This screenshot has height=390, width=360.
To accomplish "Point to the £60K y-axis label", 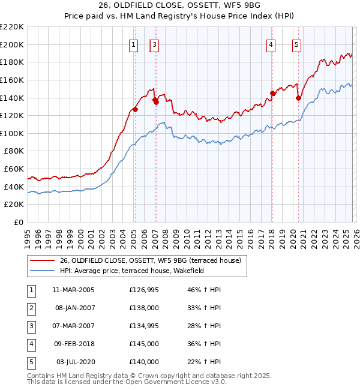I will click(x=14, y=169).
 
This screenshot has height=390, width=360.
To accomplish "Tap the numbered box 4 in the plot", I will click(x=271, y=44).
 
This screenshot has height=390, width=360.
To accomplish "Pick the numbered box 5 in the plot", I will click(x=297, y=44).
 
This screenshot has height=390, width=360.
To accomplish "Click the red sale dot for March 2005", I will click(x=136, y=109).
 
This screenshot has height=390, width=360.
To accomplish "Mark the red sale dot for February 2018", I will click(x=272, y=93).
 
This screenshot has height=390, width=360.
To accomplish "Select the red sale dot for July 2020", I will click(x=298, y=98).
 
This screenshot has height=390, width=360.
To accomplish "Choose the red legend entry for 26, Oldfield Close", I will click(x=150, y=260).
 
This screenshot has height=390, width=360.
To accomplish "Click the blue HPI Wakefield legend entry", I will click(x=132, y=271).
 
